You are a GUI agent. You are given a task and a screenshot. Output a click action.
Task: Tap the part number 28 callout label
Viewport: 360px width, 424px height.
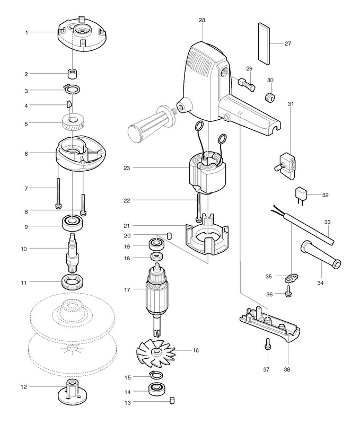201,20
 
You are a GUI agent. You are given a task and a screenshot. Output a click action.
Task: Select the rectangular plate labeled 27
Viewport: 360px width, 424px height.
265,42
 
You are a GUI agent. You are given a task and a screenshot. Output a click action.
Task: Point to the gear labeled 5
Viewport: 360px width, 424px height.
71,125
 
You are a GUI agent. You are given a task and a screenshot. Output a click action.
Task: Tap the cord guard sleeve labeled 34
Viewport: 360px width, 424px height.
319,254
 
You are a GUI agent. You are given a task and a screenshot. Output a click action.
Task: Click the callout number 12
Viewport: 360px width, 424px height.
23,386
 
